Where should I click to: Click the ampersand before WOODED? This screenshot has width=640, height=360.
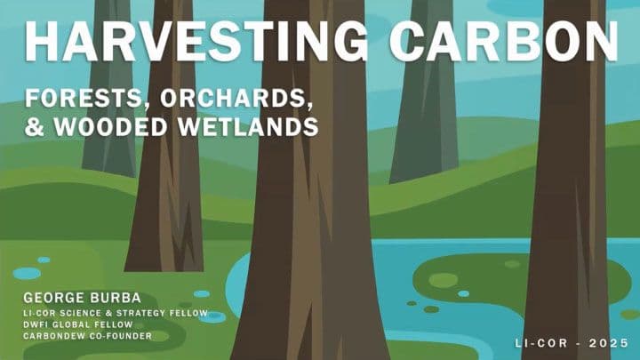pyautogui.click(x=33, y=126)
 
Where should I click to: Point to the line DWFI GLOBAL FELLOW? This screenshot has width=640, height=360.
pyautogui.click(x=76, y=324)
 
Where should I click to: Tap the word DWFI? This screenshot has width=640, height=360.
pyautogui.click(x=35, y=324)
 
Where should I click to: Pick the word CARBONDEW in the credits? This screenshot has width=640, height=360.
pyautogui.click(x=54, y=336)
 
